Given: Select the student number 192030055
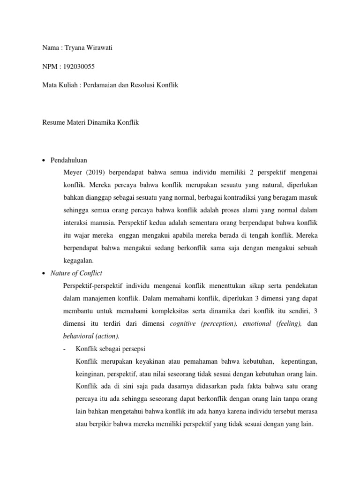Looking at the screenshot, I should coord(76,67).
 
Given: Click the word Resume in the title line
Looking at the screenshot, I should coord(49,122).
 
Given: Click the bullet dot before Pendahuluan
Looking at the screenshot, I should coord(44,160).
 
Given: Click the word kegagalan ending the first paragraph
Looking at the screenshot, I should coord(78,260).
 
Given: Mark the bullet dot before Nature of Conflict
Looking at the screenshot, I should coord(44,273).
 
